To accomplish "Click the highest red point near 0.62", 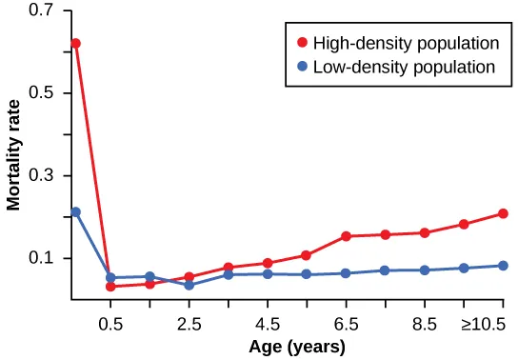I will coord(75,43).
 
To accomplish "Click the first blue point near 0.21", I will coord(75,211).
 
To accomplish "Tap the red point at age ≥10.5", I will coord(503,213).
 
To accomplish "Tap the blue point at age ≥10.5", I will coord(503,266).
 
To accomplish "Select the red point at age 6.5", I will coord(347,236).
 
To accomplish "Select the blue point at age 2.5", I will coord(189,285).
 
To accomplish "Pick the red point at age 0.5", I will coord(110,287).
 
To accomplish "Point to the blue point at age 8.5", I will coord(425,270).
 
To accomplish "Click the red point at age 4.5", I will coord(268,263).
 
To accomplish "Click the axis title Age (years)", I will coord(296,347).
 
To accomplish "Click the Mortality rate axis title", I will coord(14,157).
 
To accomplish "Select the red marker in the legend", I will coord(302,44).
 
